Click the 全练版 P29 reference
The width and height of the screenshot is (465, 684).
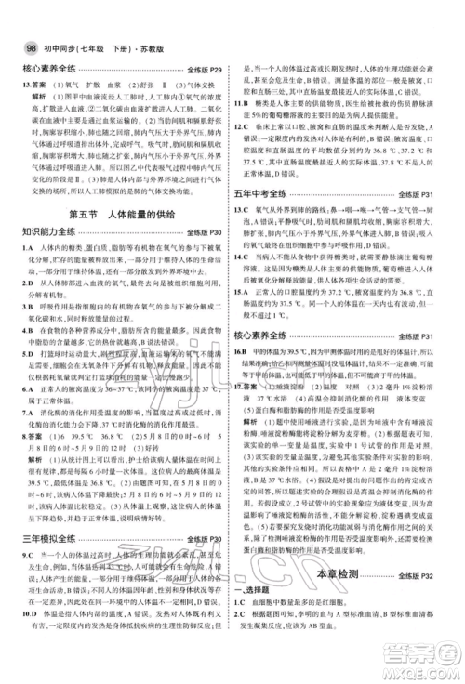click(205, 69)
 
